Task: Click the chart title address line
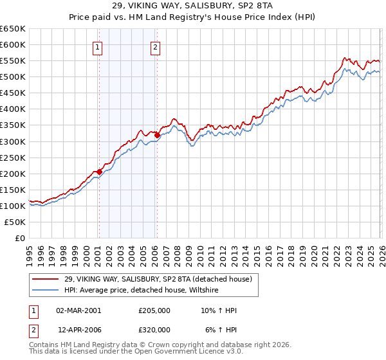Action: click(193, 6)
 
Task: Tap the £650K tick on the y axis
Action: click(13, 29)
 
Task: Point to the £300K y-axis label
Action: click(13, 141)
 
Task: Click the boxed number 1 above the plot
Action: click(98, 46)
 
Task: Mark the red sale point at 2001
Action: click(99, 172)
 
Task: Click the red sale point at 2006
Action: click(158, 135)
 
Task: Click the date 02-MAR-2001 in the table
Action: click(78, 310)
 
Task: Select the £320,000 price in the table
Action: click(154, 329)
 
